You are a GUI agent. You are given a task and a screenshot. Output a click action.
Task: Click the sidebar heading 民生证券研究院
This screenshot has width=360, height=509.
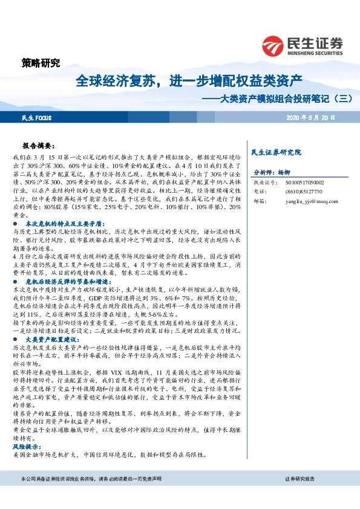pyautogui.click(x=276, y=152)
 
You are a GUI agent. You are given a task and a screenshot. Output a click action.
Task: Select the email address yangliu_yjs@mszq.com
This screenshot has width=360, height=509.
pyautogui.click(x=312, y=201)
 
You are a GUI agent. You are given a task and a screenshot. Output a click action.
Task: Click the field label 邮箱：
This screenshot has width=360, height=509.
pyautogui.click(x=259, y=201)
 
